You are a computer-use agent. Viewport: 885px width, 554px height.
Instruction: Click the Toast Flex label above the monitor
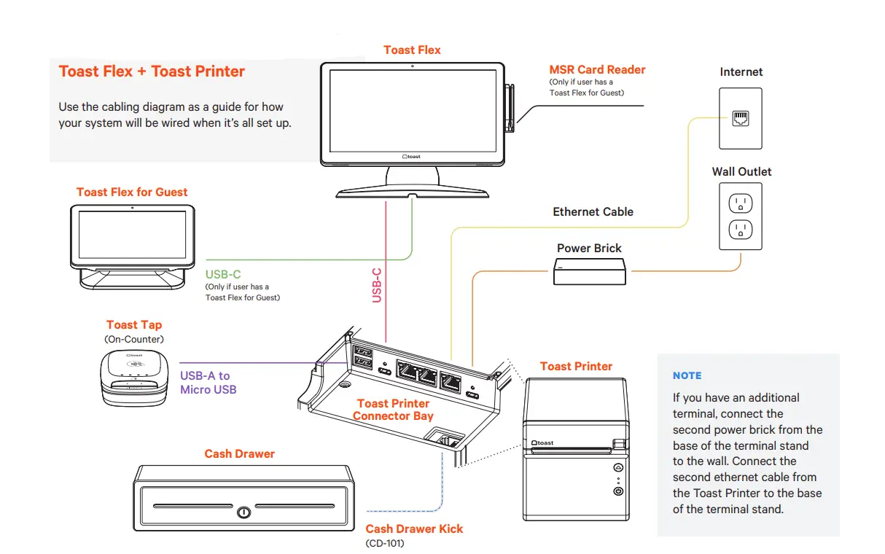tap(412, 50)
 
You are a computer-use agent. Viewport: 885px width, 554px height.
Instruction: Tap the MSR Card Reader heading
tap(597, 70)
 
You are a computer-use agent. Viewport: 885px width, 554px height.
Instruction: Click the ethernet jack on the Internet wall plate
tap(741, 119)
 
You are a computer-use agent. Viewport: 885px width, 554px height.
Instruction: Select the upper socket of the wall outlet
tap(740, 204)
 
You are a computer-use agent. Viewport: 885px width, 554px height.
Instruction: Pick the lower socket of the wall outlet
tap(740, 231)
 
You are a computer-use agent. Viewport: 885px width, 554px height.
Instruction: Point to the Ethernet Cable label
tap(593, 211)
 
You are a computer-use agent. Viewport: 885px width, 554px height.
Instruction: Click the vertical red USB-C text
tap(377, 285)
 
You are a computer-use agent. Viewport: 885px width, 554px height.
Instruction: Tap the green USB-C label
tap(223, 275)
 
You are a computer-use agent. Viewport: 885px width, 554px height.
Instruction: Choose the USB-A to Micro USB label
tap(208, 383)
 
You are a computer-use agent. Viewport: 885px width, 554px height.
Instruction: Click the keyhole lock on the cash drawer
tap(244, 512)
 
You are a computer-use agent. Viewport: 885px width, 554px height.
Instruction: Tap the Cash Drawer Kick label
tap(414, 528)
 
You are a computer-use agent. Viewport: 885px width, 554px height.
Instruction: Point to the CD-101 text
tap(384, 543)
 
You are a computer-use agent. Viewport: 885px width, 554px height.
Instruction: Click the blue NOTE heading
tap(687, 375)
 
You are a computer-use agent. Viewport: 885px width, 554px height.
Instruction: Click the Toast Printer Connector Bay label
tap(393, 410)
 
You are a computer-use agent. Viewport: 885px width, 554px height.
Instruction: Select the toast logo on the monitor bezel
tap(412, 156)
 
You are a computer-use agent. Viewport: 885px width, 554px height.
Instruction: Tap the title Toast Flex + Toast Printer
tap(152, 71)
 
